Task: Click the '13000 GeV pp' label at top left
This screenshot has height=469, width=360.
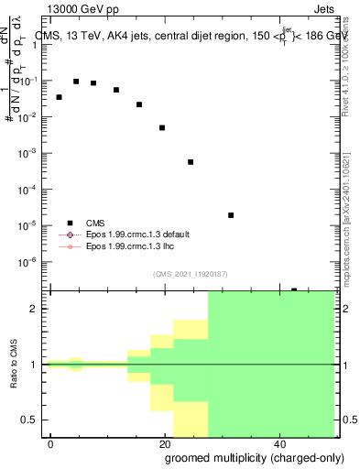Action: (82, 8)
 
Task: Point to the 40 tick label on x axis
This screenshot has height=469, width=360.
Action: (278, 442)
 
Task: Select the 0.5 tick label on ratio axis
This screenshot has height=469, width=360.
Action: (31, 420)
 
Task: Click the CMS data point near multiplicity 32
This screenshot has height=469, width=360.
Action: (231, 215)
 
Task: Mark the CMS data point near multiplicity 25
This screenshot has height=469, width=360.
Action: (191, 162)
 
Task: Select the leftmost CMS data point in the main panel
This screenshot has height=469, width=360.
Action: (60, 97)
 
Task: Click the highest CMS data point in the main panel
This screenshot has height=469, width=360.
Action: (76, 82)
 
